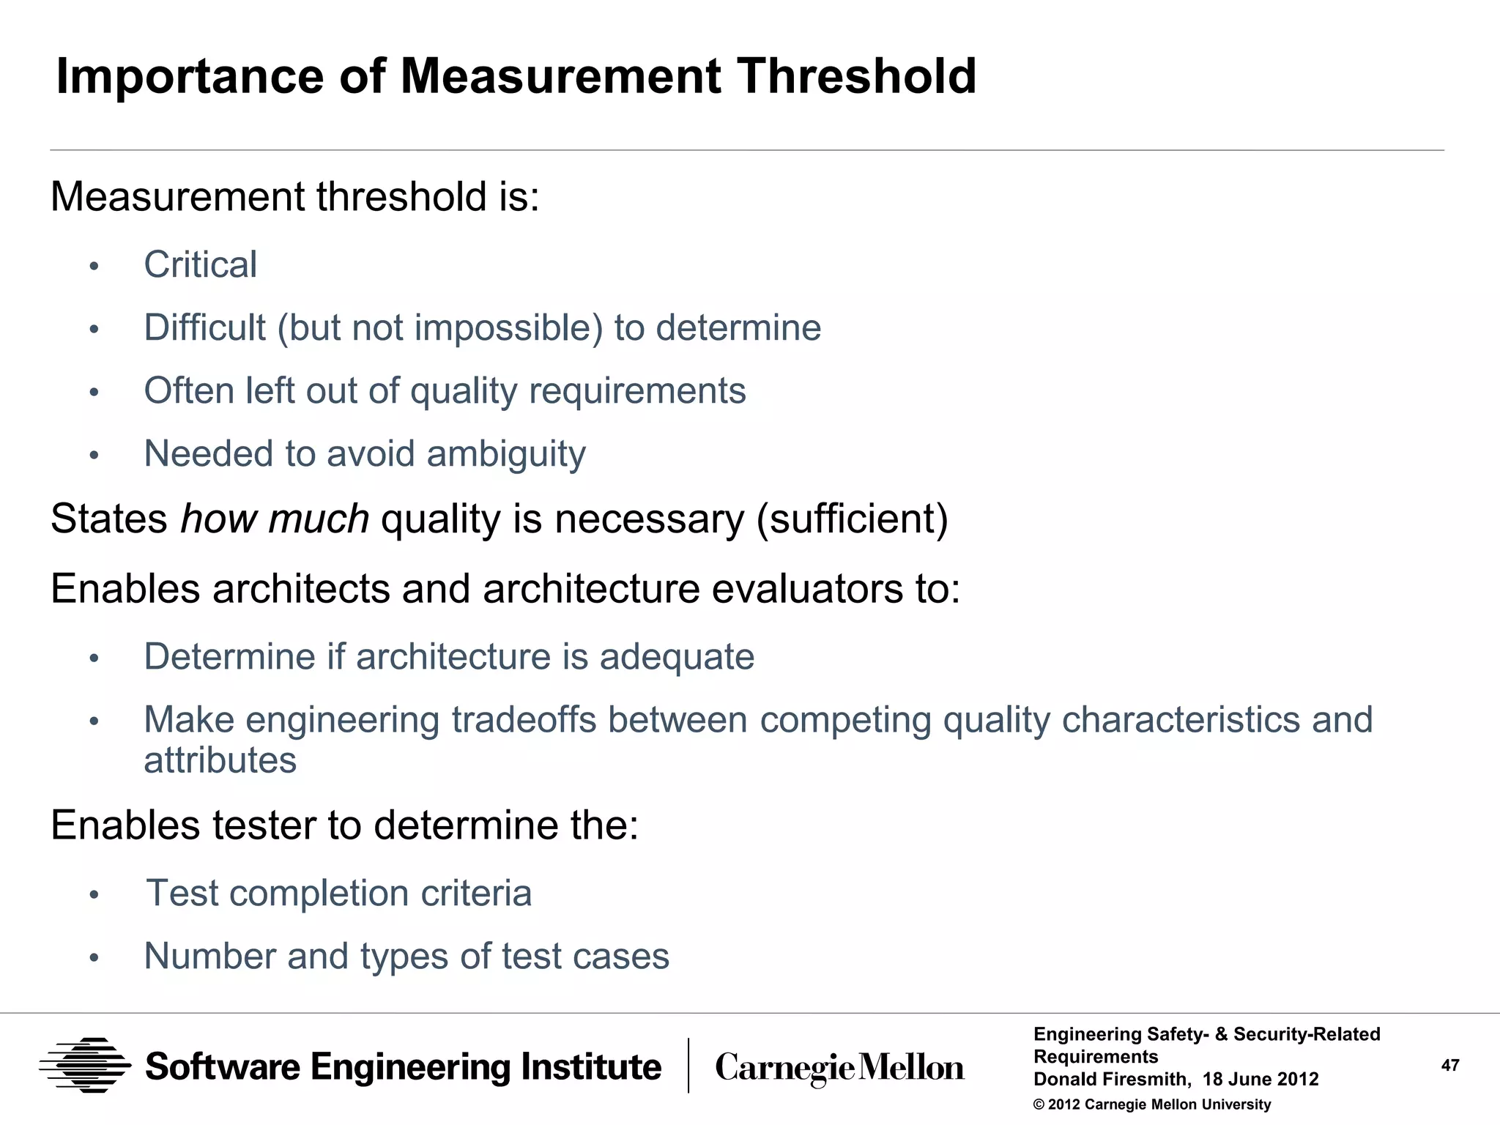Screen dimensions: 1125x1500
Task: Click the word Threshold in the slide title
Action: [x=856, y=76]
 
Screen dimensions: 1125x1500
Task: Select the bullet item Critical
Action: [x=200, y=264]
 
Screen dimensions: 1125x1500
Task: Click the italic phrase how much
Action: [x=275, y=519]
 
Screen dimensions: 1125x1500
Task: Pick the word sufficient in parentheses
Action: [x=852, y=519]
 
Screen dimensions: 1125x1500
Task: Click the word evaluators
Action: [x=806, y=589]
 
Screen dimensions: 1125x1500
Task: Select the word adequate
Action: [x=677, y=657]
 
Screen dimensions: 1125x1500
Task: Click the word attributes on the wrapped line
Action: [x=220, y=760]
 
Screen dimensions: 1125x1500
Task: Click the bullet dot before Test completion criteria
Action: [x=94, y=895]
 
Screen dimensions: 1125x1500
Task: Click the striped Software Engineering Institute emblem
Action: [x=85, y=1066]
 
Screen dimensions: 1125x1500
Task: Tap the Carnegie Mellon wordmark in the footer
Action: [x=839, y=1068]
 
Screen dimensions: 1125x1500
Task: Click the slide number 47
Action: [x=1450, y=1066]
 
